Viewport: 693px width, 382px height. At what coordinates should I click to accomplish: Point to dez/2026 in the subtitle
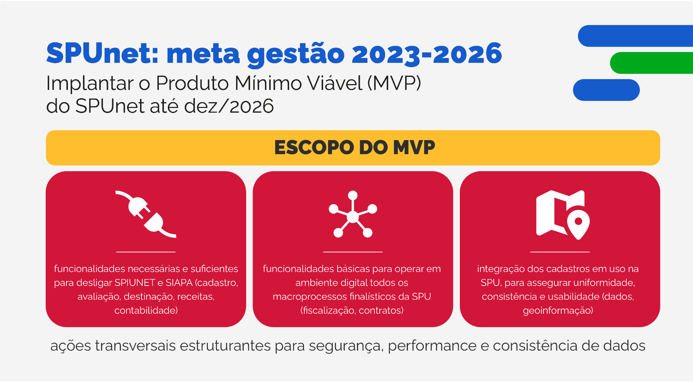click(x=229, y=106)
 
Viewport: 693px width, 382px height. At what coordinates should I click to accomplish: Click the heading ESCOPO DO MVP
click(x=355, y=147)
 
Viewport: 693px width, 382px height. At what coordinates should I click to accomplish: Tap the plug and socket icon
click(x=146, y=214)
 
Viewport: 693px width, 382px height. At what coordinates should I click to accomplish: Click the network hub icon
click(x=353, y=214)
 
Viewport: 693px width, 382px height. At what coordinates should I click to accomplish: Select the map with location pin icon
click(x=563, y=215)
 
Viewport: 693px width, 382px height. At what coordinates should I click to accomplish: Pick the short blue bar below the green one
click(x=606, y=90)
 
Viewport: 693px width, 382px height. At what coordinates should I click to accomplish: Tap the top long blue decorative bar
click(x=635, y=36)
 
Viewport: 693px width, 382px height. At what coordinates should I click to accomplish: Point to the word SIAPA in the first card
click(x=179, y=283)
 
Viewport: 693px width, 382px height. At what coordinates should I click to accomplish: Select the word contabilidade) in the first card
click(x=146, y=311)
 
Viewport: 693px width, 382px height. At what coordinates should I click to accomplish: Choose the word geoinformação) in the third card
click(x=558, y=311)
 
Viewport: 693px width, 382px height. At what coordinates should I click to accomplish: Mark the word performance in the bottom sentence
click(x=432, y=346)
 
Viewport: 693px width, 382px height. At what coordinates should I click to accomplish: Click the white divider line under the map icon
click(x=560, y=252)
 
